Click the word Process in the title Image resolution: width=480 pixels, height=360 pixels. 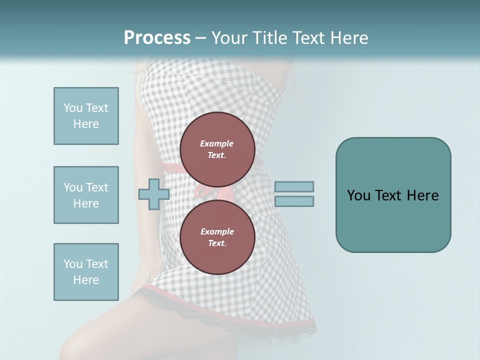click(157, 38)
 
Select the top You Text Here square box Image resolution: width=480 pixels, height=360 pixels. click(86, 116)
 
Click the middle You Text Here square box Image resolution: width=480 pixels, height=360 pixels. click(86, 195)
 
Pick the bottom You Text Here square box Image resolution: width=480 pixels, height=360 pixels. click(86, 272)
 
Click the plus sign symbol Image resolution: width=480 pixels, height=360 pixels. click(154, 194)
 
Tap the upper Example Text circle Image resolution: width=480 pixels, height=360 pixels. click(217, 149)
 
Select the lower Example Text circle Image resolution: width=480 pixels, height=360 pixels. click(217, 237)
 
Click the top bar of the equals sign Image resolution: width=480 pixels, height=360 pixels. click(294, 186)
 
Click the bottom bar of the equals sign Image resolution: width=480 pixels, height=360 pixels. click(294, 201)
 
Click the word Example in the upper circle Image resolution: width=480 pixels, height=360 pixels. click(216, 143)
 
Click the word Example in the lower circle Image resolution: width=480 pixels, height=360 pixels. click(217, 231)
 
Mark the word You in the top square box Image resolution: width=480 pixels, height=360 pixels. click(73, 108)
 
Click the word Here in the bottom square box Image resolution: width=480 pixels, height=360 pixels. click(86, 280)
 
